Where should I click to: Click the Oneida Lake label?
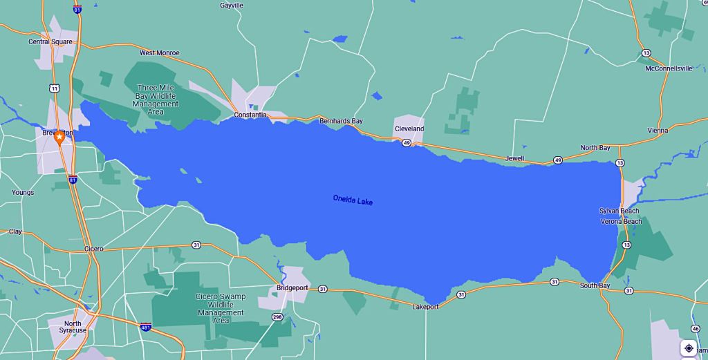point(353,200)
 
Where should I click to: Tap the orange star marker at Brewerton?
point(59,138)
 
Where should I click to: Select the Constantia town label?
point(250,115)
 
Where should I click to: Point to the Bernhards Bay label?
point(341,121)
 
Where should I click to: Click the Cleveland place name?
point(409,129)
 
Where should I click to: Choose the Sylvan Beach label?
point(619,211)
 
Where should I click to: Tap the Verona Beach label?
point(620,221)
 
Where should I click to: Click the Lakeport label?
point(425,306)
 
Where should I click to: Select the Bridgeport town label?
point(292,287)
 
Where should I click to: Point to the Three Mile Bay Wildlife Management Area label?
point(156,100)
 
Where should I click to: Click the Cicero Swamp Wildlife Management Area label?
point(221,308)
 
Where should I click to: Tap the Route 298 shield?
point(277,316)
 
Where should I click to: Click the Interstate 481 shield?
point(145,326)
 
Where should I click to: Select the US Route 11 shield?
point(54,88)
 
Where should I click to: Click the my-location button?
point(689,348)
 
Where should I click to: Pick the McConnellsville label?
point(669,68)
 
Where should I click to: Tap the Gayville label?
point(232,6)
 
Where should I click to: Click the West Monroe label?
point(159,53)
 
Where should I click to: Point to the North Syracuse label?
point(73,327)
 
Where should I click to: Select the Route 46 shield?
point(696,328)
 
